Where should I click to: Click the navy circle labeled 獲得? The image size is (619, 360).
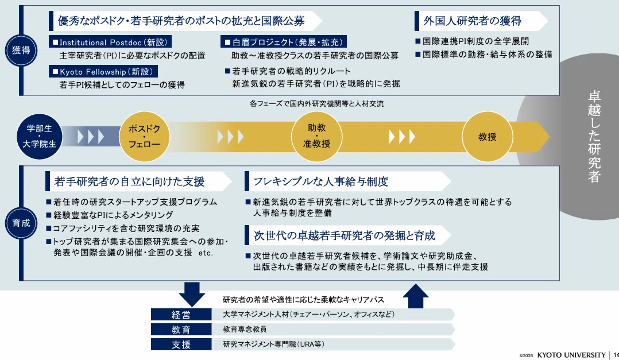point(21,50)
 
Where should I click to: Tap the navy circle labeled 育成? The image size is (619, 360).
point(21,223)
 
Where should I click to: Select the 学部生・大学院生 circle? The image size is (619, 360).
point(40,136)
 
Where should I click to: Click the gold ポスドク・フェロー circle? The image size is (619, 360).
point(145,136)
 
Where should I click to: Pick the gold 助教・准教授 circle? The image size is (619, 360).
point(316,136)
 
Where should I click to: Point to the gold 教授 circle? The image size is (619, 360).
point(488,137)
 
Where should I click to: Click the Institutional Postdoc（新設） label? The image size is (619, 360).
point(110,42)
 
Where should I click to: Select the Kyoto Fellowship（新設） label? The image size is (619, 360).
point(103,71)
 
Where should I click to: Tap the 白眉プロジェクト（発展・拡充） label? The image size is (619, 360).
point(284,42)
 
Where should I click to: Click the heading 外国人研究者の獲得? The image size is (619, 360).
point(473,21)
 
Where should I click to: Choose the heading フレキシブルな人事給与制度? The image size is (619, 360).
point(320,181)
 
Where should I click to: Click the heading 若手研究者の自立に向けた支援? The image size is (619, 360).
point(129,181)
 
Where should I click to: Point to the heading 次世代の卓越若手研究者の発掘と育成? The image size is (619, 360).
point(345,235)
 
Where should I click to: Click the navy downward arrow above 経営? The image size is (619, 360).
point(192,294)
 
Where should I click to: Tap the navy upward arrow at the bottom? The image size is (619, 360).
point(415,296)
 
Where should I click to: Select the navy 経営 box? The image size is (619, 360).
point(181,315)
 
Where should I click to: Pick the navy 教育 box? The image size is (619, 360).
point(181,330)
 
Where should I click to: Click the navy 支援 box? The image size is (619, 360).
point(181,344)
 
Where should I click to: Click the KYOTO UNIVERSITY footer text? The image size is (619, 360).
point(571,355)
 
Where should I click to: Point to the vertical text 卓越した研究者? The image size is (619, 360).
point(594,137)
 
